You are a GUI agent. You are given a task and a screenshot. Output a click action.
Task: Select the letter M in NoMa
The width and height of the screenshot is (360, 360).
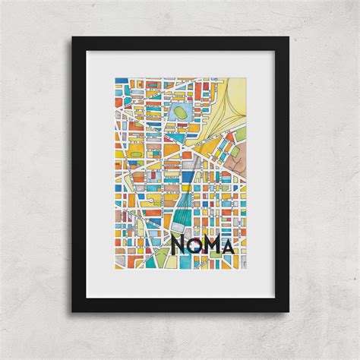click(x=217, y=244)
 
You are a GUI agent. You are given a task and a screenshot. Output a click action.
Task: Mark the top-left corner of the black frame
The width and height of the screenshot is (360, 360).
click(x=73, y=36)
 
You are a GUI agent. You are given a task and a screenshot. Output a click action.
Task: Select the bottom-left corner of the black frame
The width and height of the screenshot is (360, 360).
click(x=73, y=312)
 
